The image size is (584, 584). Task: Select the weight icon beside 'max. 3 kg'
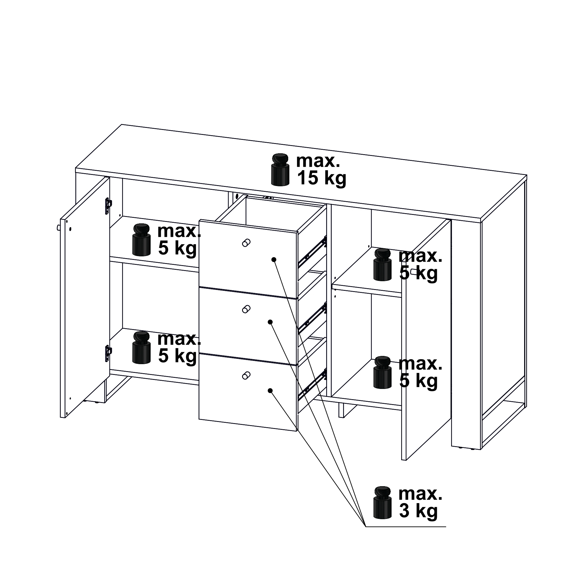pos(383,502)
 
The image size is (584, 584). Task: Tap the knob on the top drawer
pos(246,243)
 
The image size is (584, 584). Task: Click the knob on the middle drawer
pos(246,309)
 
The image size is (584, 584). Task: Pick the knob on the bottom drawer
pos(246,376)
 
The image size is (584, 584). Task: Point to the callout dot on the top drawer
pos(274,260)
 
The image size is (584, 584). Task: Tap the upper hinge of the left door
pos(108,206)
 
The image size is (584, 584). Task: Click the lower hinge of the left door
pos(108,353)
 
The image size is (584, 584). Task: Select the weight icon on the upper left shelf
pos(141,240)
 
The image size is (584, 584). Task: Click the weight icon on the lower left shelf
pos(141,347)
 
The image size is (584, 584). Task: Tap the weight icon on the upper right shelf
pos(383,265)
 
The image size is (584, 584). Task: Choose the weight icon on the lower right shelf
pos(383,372)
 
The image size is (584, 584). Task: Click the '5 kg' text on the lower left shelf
pos(178,356)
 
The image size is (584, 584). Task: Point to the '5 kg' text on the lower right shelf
pos(418,381)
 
